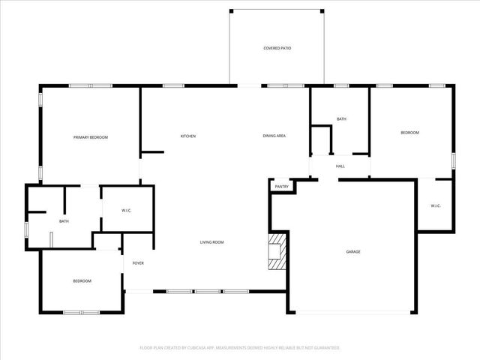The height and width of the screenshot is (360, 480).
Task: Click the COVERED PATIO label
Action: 277,48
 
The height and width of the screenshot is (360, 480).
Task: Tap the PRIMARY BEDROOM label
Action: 91,137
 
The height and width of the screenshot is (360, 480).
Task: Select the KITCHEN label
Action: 188,136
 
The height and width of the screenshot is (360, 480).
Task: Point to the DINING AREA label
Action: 274,136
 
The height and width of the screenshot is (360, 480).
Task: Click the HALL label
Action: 340,166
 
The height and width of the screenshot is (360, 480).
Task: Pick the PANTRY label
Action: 281,186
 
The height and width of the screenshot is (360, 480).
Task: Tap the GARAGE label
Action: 352,251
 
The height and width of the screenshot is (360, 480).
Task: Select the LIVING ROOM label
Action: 211,242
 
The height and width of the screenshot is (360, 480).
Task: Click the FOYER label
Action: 138,263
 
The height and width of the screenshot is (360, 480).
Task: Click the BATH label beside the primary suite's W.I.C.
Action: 64,221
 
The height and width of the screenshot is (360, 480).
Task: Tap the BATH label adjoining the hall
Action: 341,119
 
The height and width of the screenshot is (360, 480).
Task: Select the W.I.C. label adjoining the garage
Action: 435,206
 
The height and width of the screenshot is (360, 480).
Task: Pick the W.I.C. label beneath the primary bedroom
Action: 127,211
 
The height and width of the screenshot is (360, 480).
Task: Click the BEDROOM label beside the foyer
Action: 82,281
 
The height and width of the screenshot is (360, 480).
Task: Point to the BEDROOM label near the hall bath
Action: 409,133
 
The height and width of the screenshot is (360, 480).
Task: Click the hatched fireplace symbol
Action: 277,251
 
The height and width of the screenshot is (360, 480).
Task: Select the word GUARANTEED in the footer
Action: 325,348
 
